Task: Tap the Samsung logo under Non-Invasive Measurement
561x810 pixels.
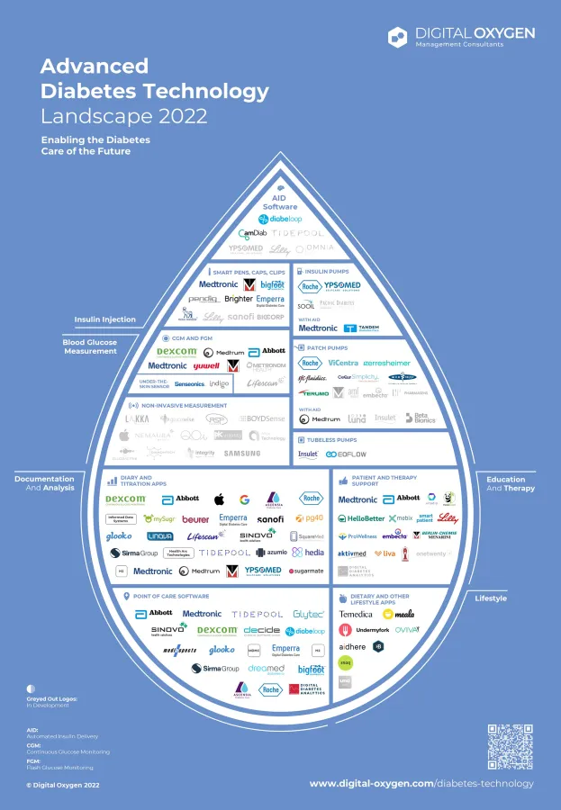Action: tap(242, 454)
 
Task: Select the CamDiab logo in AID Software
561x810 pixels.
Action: tap(240, 233)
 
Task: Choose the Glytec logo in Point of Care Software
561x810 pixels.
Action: tap(308, 614)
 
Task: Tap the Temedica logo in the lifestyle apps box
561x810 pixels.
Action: tap(356, 614)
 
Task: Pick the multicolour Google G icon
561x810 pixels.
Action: tap(244, 499)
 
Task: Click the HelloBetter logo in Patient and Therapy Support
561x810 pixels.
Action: tap(360, 518)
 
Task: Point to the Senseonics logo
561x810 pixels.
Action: tap(190, 383)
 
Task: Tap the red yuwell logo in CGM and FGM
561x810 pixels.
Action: tap(206, 366)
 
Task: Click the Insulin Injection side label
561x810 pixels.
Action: tap(105, 319)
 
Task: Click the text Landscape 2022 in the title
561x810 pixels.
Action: tap(124, 116)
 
